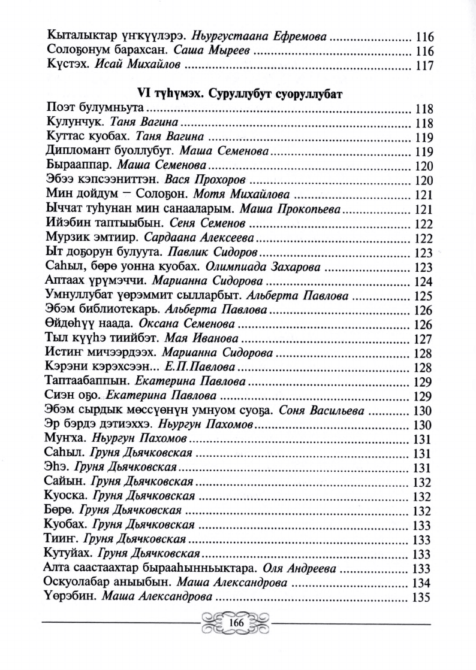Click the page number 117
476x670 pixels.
[x=424, y=65]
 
